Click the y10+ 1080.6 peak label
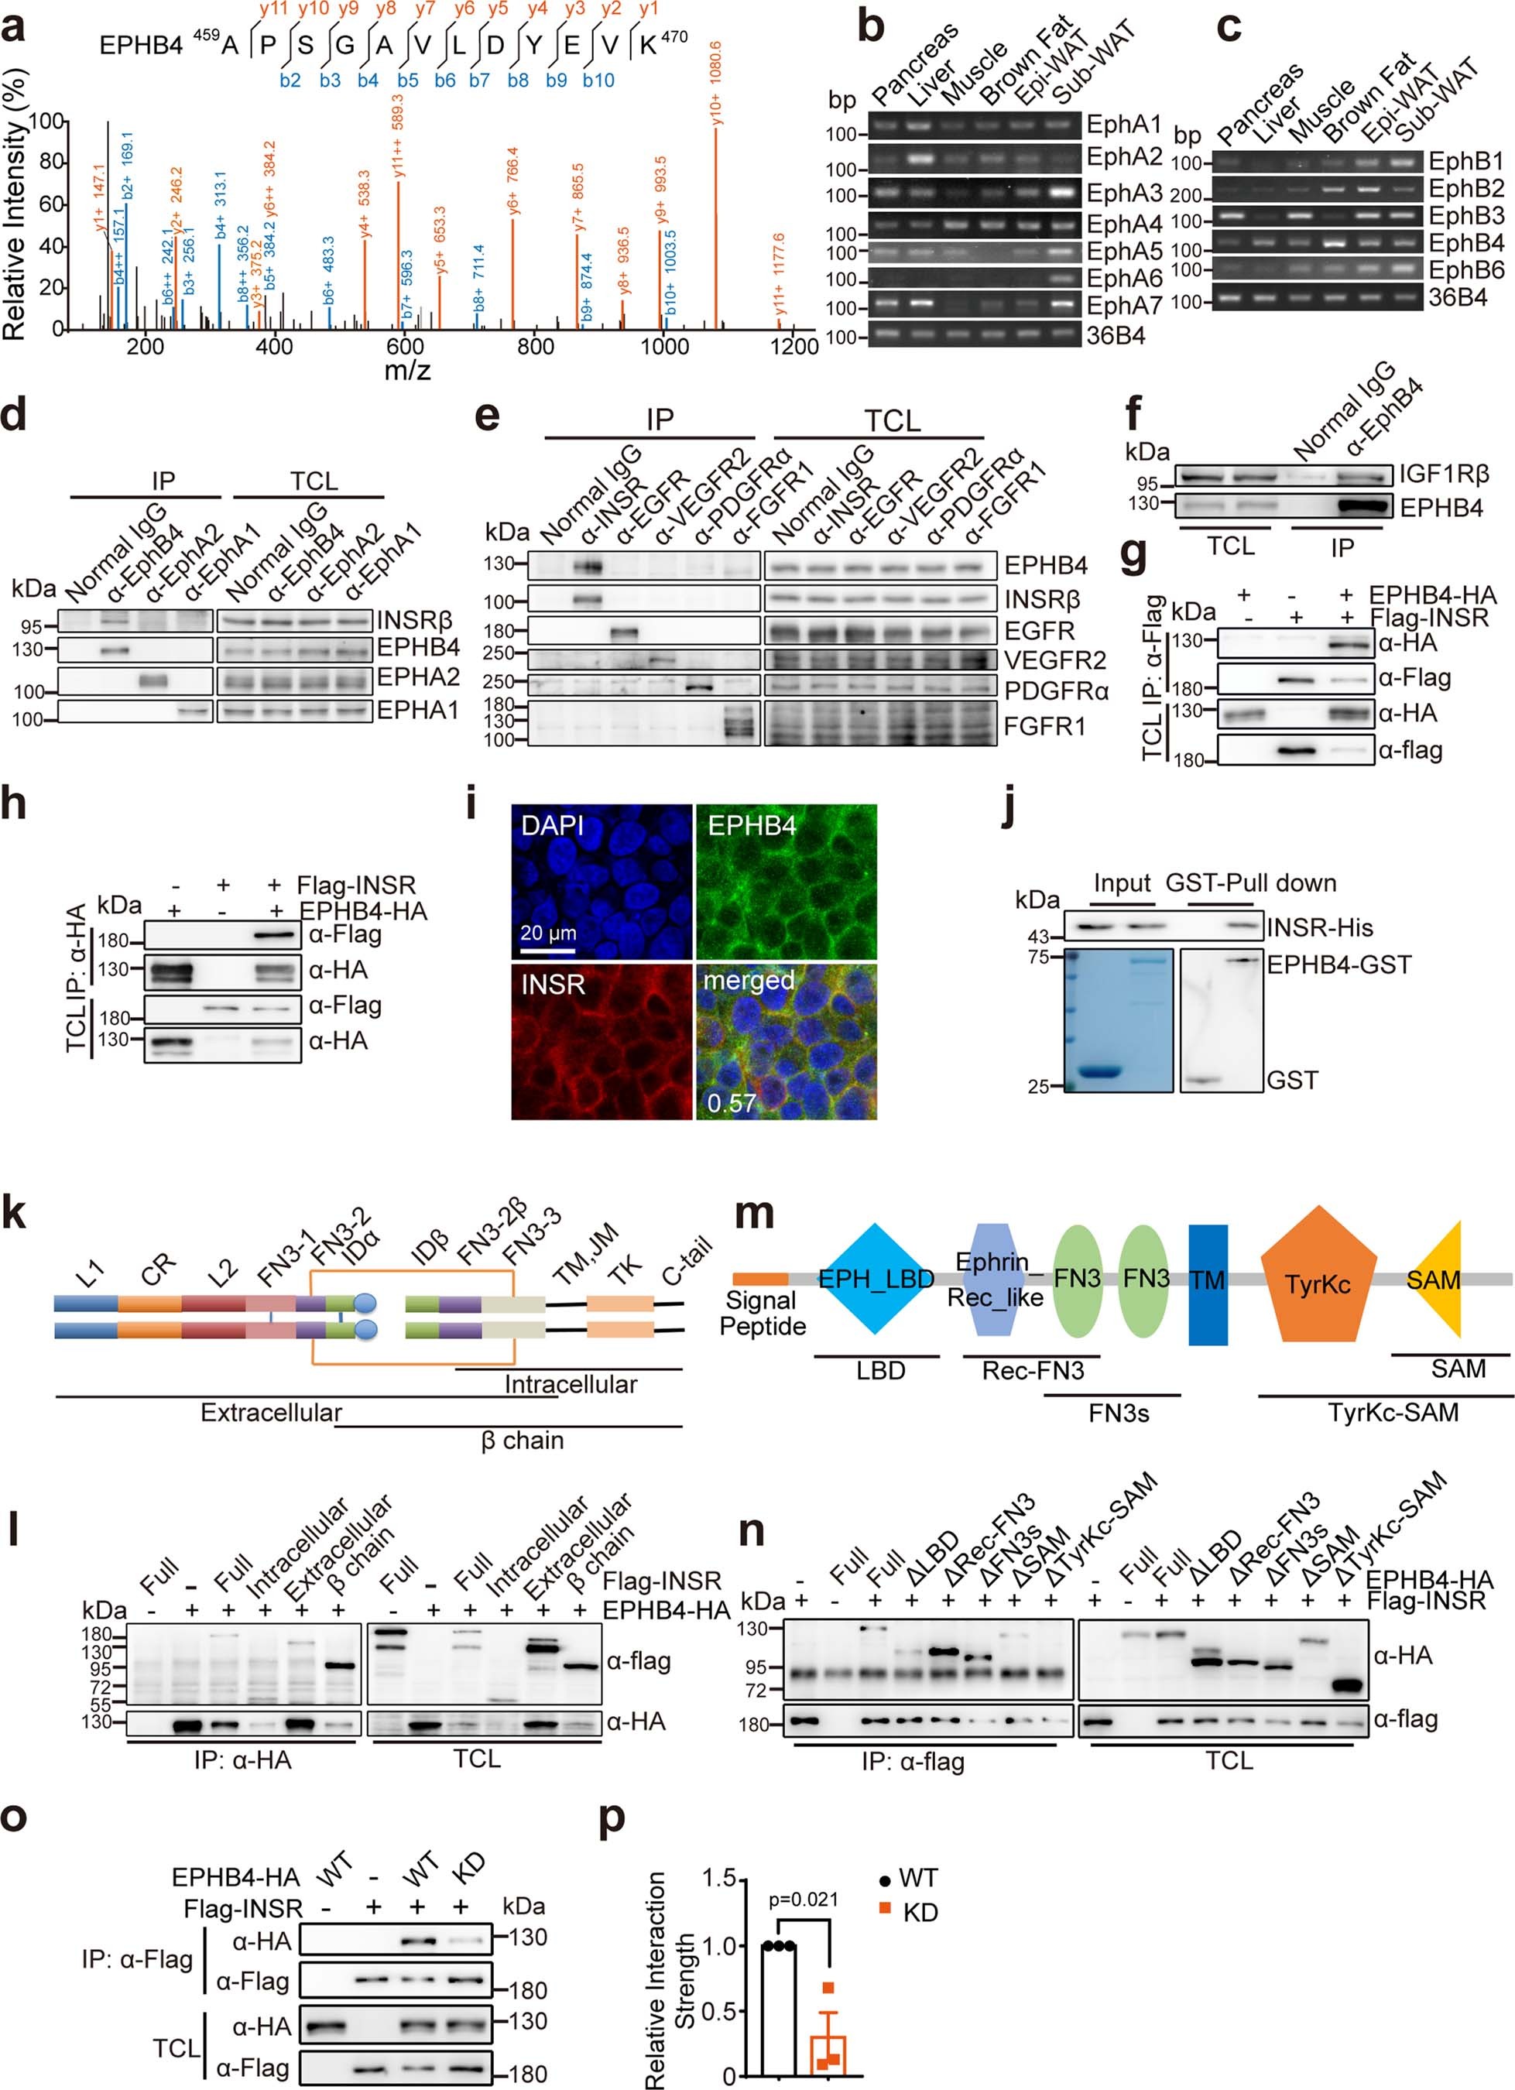pyautogui.click(x=717, y=83)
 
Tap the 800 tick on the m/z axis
pyautogui.click(x=534, y=348)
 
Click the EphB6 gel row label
pyautogui.click(x=1466, y=270)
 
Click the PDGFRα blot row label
pyautogui.click(x=1057, y=690)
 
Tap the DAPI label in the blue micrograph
pyautogui.click(x=552, y=826)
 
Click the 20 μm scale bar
pyautogui.click(x=548, y=947)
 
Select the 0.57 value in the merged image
pyautogui.click(x=732, y=1103)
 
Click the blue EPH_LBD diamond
pyautogui.click(x=876, y=1279)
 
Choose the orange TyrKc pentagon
pyautogui.click(x=1318, y=1283)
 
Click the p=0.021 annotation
pyautogui.click(x=804, y=1898)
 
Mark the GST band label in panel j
pyautogui.click(x=1292, y=1080)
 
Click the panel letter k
pyautogui.click(x=15, y=1215)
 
